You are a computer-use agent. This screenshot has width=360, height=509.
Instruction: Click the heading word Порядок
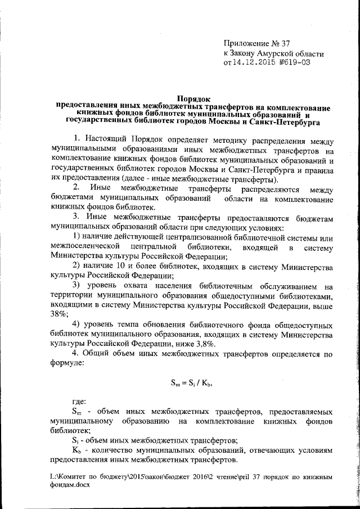(193, 98)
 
